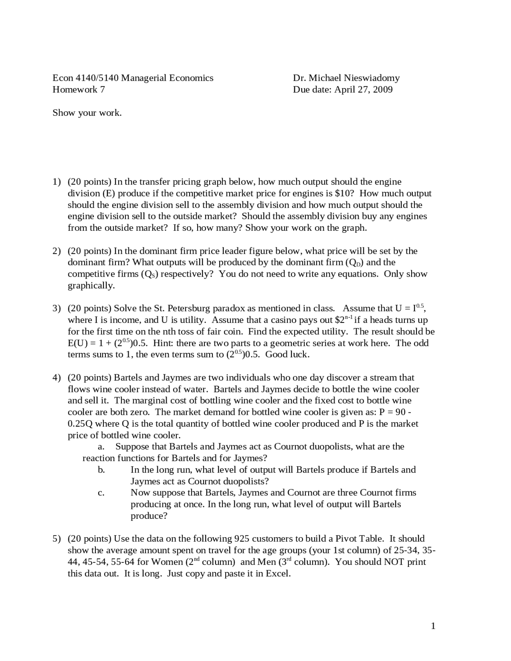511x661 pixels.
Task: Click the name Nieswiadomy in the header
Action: point(366,78)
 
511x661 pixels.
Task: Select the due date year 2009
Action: point(382,89)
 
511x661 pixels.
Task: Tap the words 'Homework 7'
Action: point(79,89)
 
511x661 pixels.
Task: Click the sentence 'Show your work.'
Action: point(87,113)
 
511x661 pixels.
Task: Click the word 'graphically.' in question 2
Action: point(91,286)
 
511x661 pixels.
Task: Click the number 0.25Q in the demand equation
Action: point(80,424)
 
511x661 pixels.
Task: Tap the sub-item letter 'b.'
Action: point(101,470)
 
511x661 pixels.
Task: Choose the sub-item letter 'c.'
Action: point(101,493)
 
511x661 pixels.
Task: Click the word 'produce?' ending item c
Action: point(149,516)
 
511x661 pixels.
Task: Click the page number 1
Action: point(433,626)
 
